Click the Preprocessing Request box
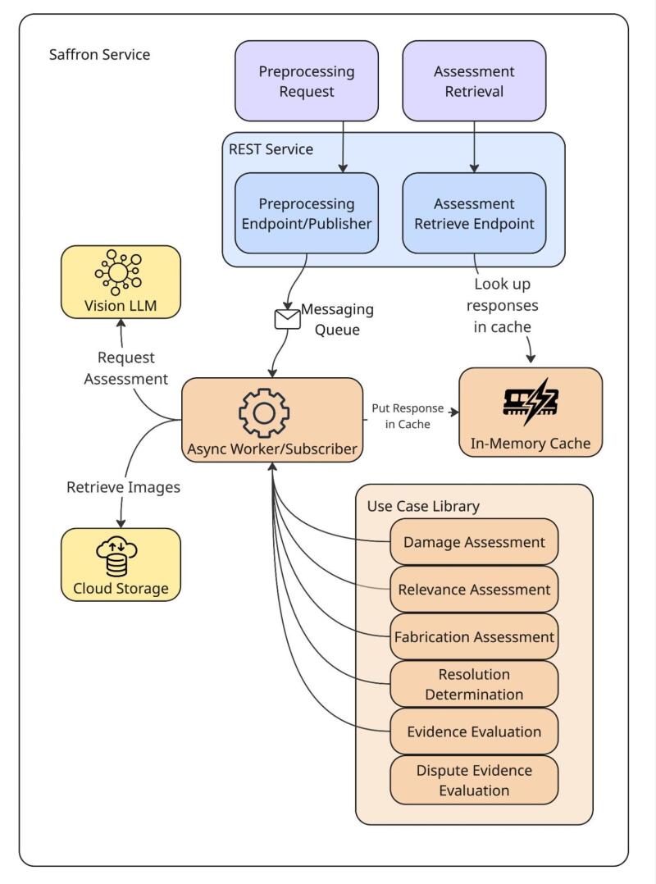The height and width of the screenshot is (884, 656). point(307,81)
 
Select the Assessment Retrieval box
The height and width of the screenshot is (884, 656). point(474,81)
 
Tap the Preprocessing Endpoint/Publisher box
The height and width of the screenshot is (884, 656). point(307,213)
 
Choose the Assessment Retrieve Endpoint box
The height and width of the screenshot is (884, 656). point(474,213)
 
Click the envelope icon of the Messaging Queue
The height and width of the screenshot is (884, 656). point(287,318)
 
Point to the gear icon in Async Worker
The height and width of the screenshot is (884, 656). point(263,412)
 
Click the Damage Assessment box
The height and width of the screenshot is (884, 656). point(474,542)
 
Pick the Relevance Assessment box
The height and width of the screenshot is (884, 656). point(474,590)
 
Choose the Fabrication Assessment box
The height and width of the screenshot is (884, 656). point(474,636)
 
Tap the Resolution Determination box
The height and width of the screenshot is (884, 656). point(474,684)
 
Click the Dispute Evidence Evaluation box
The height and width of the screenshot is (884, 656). point(474,780)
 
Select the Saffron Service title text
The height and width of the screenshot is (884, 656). point(99,55)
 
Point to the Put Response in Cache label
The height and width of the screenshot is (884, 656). point(408,416)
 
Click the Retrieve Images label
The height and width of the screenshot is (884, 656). point(123,487)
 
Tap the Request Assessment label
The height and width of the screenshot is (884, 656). point(125,368)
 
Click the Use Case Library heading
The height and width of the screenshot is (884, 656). point(422,506)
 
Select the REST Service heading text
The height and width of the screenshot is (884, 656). point(271,149)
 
